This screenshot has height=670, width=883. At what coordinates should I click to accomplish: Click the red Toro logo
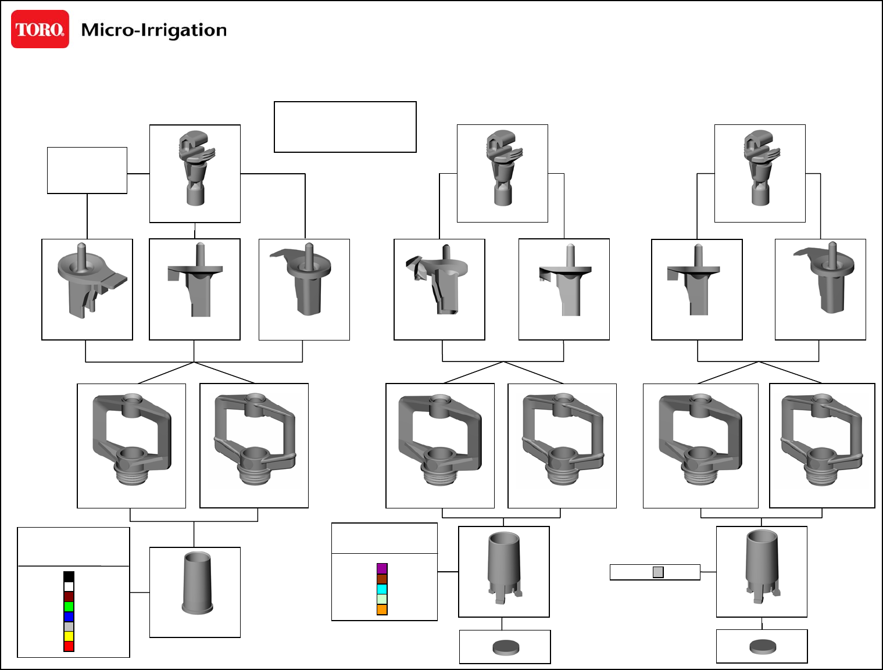click(40, 29)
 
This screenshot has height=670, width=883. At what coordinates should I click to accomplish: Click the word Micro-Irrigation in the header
click(153, 30)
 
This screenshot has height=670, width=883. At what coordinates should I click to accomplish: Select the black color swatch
click(69, 576)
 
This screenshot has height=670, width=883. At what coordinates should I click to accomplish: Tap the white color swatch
click(69, 586)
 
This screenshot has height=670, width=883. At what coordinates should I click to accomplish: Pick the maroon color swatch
click(69, 597)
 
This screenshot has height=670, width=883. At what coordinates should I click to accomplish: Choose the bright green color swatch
click(69, 607)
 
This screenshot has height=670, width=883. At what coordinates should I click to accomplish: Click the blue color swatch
click(69, 617)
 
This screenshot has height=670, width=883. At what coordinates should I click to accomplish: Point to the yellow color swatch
click(69, 636)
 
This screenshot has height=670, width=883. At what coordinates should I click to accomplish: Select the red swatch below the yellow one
click(69, 646)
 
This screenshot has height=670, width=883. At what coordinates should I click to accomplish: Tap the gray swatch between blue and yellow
click(69, 626)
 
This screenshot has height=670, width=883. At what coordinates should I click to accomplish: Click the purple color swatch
click(382, 568)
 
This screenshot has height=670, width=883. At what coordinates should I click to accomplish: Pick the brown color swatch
click(382, 579)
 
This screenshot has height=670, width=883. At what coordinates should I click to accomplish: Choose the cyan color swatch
click(382, 589)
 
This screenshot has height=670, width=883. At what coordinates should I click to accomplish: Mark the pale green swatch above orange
click(382, 599)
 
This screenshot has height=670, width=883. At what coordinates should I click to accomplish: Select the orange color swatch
click(382, 610)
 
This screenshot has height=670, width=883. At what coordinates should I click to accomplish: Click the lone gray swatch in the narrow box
click(658, 572)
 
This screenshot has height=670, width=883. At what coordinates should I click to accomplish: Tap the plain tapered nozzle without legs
click(196, 582)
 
